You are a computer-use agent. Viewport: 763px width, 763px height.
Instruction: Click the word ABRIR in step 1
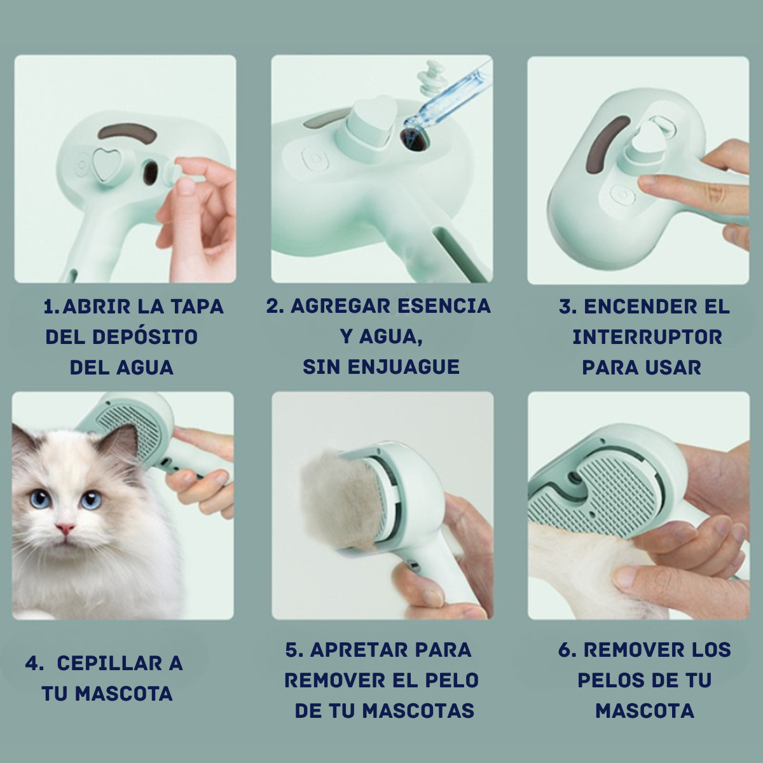pos(94,307)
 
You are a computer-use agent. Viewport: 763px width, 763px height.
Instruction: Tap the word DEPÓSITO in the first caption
pos(146,338)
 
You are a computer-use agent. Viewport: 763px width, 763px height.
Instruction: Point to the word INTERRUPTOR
pos(647,338)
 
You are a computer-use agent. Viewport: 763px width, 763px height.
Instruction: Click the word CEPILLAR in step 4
pos(108,663)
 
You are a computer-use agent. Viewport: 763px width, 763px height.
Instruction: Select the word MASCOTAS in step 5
pos(418,711)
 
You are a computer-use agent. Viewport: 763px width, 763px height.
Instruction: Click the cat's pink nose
pos(65,528)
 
